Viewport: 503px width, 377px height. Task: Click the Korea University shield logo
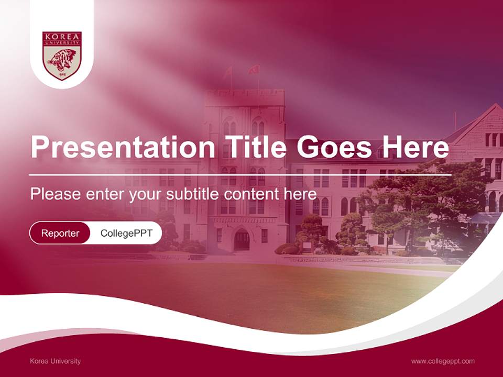point(62,56)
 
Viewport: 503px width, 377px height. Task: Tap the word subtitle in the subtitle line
point(193,194)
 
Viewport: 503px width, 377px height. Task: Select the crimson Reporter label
point(60,233)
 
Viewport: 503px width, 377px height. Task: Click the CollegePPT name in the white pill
point(126,233)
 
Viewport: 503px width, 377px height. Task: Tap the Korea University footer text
point(56,361)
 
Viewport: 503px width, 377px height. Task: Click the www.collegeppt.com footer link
point(443,361)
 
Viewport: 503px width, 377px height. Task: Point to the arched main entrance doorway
point(242,240)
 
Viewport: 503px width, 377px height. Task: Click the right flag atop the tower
point(255,70)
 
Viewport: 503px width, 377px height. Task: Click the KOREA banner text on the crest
point(62,37)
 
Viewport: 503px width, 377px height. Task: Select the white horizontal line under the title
point(240,175)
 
